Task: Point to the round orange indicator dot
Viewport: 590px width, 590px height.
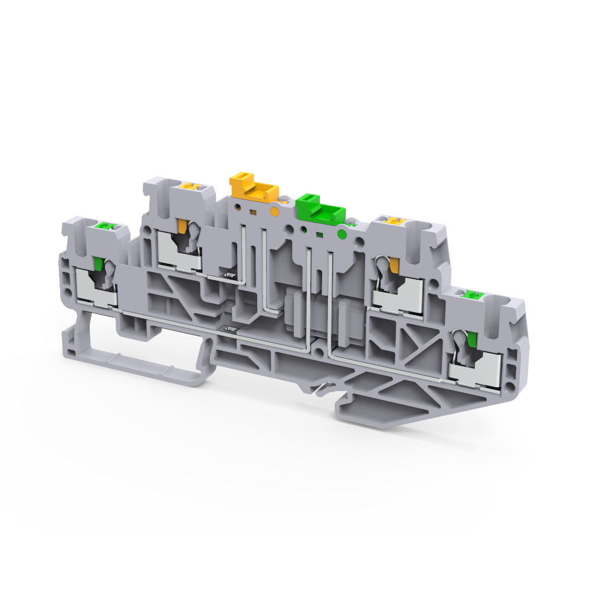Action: (x=274, y=211)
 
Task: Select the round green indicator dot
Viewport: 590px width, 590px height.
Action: (x=341, y=234)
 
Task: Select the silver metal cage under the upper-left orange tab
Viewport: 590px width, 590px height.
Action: (x=180, y=254)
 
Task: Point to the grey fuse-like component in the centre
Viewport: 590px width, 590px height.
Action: (x=316, y=313)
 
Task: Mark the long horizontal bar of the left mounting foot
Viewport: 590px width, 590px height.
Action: (x=147, y=363)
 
